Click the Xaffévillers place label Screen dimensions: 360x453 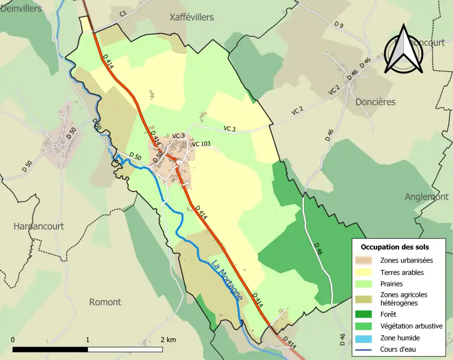pos(192,17)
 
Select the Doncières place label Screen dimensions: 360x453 pos(375,102)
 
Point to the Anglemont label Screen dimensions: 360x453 pos(426,197)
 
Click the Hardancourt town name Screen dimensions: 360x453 pos(38,226)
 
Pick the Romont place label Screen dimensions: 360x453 pos(105,302)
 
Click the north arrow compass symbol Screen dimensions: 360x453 pos(403,50)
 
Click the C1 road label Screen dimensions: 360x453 pos(123,15)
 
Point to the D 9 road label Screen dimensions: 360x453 pos(338,25)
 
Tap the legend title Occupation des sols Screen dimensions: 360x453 pos(394,247)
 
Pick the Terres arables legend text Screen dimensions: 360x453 pos(402,272)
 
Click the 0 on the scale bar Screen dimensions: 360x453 pos(13,340)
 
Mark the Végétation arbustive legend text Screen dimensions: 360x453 pos(411,326)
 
